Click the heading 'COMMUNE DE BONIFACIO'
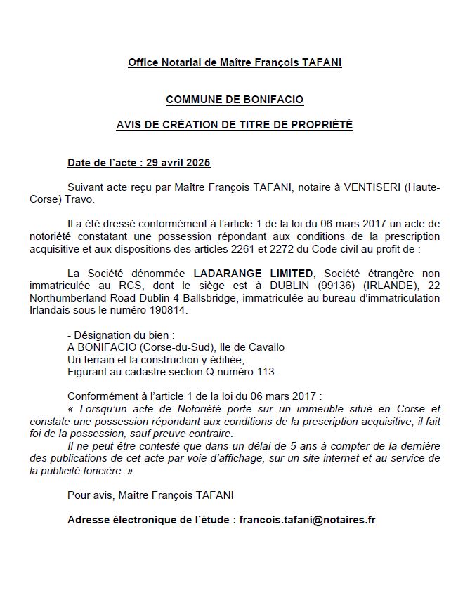(x=235, y=100)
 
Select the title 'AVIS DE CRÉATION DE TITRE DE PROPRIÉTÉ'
(x=235, y=126)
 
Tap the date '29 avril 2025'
(x=178, y=163)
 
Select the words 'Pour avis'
(x=89, y=495)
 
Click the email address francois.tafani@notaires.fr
(x=307, y=520)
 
